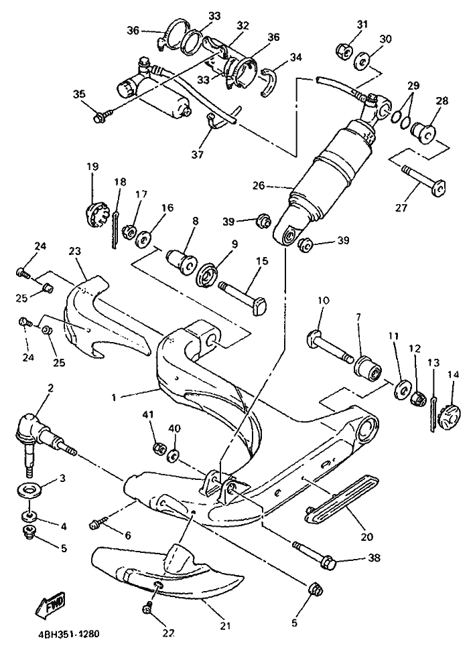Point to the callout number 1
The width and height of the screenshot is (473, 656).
[x=115, y=397]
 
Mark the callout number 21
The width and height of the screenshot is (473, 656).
[x=225, y=626]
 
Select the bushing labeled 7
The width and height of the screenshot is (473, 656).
[x=369, y=367]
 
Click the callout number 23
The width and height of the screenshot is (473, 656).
[x=74, y=251]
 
